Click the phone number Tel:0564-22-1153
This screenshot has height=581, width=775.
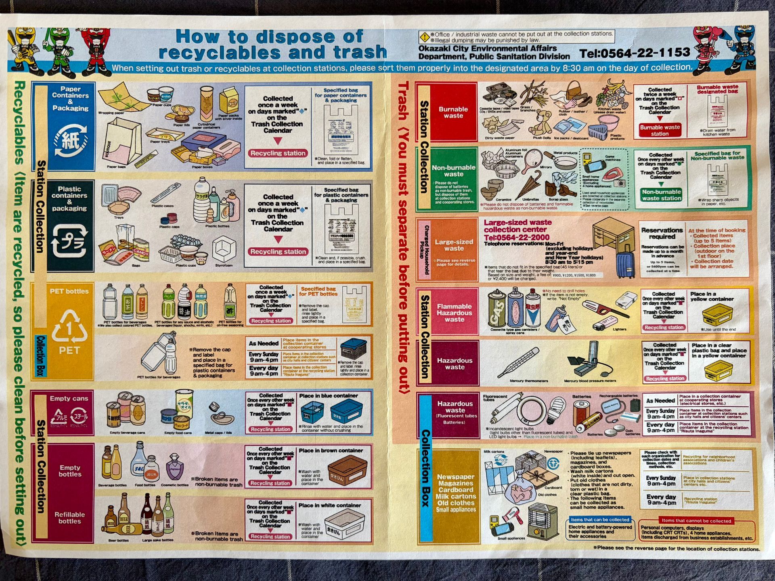click(x=635, y=53)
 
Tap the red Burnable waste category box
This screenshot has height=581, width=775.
click(x=453, y=112)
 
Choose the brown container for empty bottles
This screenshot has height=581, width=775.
click(x=347, y=470)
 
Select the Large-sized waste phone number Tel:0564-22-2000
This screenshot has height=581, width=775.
click(x=517, y=238)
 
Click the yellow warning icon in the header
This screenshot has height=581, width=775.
click(x=424, y=37)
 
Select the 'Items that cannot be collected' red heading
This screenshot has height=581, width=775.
click(x=696, y=520)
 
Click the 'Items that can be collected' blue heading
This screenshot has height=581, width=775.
click(x=600, y=520)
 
